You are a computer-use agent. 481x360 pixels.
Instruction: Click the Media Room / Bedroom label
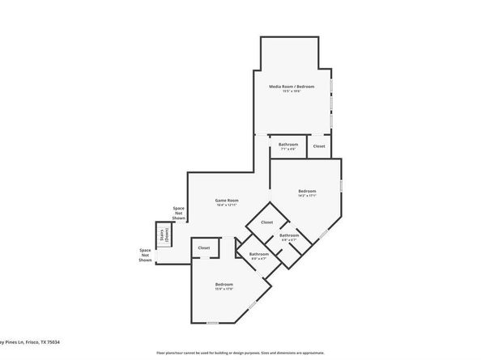pyautogui.click(x=292, y=86)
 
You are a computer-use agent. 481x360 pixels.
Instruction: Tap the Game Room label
pyautogui.click(x=226, y=200)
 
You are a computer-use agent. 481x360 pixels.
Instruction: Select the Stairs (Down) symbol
pyautogui.click(x=164, y=234)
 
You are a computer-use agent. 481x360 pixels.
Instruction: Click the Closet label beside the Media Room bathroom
pyautogui.click(x=319, y=146)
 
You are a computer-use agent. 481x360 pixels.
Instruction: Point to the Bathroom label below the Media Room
pyautogui.click(x=288, y=144)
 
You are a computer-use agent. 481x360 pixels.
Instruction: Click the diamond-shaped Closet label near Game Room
pyautogui.click(x=266, y=222)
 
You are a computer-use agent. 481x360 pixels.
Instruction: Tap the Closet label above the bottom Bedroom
pyautogui.click(x=203, y=248)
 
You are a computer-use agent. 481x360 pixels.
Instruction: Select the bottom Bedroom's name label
pyautogui.click(x=224, y=284)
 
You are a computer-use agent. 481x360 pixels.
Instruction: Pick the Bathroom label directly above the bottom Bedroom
pyautogui.click(x=258, y=254)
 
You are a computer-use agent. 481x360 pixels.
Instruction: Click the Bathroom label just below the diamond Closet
pyautogui.click(x=289, y=235)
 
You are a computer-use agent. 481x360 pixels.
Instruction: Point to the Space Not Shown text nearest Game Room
pyautogui.click(x=178, y=214)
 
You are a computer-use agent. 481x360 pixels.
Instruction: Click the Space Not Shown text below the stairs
pyautogui.click(x=145, y=256)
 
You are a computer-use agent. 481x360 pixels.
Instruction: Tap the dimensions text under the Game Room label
pyautogui.click(x=226, y=205)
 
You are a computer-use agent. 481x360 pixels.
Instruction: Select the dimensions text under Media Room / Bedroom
pyautogui.click(x=292, y=91)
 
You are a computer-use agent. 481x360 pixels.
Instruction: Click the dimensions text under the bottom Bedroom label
pyautogui.click(x=224, y=290)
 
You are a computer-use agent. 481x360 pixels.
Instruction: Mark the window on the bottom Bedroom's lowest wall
pyautogui.click(x=212, y=323)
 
